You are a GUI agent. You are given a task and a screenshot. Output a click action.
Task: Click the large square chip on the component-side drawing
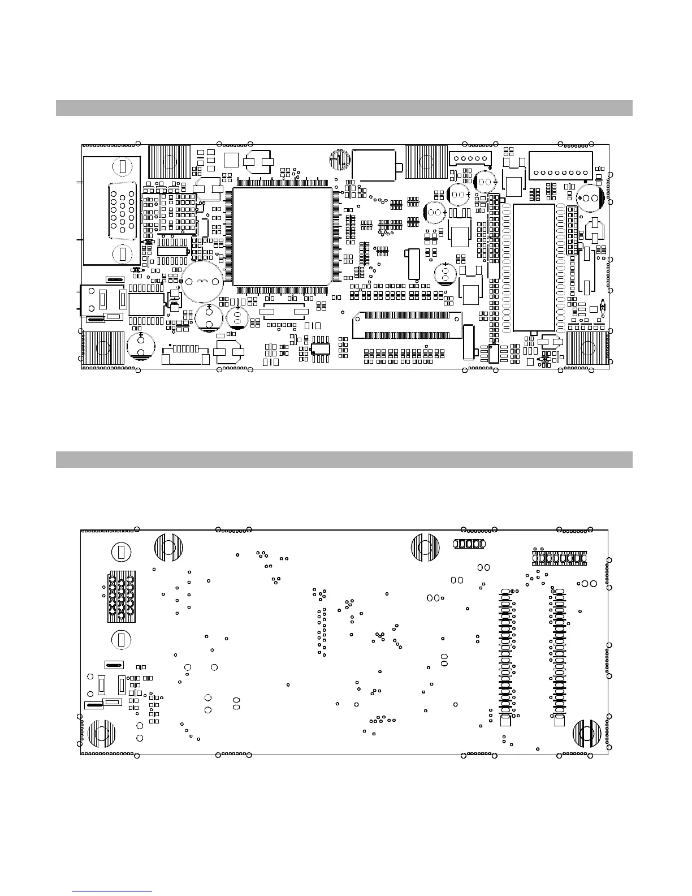coord(282,236)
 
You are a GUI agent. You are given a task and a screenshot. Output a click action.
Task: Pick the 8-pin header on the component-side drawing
coord(560,165)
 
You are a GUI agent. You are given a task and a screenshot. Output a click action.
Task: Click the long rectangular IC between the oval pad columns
coord(534,267)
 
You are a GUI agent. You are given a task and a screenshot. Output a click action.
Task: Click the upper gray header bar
coord(344,107)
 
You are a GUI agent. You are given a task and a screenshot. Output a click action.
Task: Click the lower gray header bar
coord(344,459)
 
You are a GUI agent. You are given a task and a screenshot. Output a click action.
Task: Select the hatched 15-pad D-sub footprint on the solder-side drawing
coord(122,596)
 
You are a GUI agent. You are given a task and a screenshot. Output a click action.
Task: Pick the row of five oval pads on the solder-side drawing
coord(469,544)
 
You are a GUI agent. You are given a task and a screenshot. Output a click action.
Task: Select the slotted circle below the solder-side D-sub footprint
coord(120,640)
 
